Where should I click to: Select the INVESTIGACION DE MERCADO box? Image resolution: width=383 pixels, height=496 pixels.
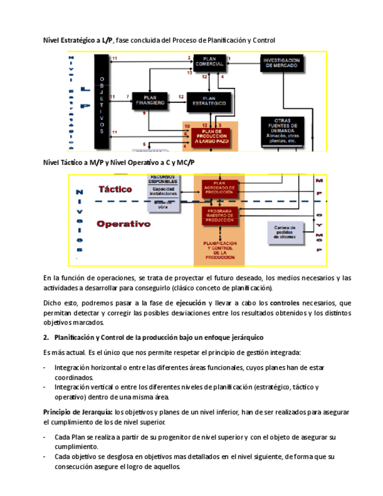[281, 63]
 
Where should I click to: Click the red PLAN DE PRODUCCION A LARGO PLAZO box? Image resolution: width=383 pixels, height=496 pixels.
[208, 137]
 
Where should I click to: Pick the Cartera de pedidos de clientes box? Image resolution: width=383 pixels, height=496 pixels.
[285, 232]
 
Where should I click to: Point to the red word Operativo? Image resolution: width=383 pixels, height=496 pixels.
[123, 223]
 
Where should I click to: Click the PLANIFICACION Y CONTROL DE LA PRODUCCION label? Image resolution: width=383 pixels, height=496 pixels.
[219, 250]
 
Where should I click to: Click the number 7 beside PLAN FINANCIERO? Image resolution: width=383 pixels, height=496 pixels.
[127, 96]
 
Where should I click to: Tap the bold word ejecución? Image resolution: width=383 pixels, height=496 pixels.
[191, 303]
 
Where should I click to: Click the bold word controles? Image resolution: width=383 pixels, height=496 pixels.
[285, 303]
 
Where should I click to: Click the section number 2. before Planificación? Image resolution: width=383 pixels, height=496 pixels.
[46, 337]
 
